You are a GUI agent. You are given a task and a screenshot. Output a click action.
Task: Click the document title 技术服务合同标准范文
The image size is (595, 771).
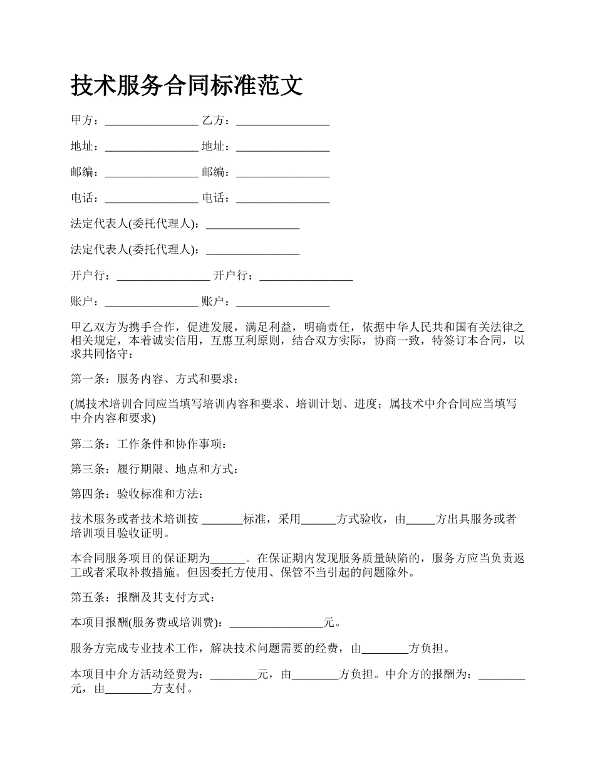[x=187, y=85]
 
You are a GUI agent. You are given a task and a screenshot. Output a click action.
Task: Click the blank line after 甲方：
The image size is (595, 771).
[x=152, y=121]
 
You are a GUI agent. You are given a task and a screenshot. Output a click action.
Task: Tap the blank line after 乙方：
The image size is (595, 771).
[x=283, y=121]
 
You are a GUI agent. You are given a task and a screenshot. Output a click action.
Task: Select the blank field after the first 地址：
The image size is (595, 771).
[x=152, y=147]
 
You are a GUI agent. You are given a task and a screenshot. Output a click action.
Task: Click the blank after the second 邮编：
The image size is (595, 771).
[x=283, y=173]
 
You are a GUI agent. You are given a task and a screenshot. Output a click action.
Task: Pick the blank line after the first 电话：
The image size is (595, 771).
[x=152, y=199]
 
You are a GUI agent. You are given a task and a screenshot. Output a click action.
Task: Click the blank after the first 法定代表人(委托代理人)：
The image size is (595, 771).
[x=252, y=224]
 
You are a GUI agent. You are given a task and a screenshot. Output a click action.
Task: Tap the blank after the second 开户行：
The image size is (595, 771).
[x=306, y=276]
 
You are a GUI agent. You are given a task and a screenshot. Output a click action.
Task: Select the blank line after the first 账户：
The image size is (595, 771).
[x=152, y=302]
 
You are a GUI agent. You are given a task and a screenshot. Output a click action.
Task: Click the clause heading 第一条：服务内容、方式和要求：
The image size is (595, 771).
[x=154, y=379]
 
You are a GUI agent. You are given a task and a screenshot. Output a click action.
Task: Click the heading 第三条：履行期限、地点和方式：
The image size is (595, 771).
[x=154, y=469]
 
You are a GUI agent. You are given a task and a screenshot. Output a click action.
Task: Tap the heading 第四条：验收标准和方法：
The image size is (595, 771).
[x=137, y=494]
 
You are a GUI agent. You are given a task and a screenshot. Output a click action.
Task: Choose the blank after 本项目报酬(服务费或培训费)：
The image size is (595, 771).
[x=276, y=624]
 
